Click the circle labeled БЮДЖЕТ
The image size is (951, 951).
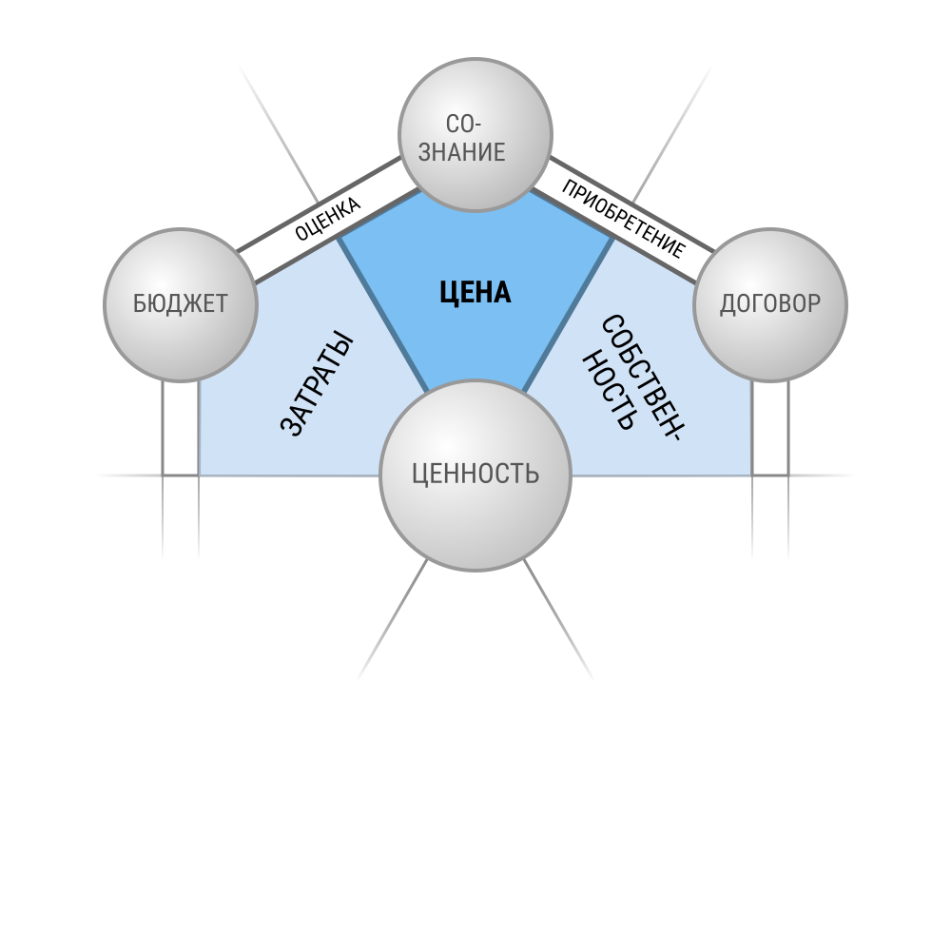(x=181, y=305)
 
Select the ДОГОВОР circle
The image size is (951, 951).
(x=770, y=305)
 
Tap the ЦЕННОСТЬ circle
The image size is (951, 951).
(x=475, y=475)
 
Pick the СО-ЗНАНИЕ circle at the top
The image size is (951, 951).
(x=475, y=135)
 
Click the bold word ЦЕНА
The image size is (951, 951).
(x=475, y=292)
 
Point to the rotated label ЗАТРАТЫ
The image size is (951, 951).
(x=317, y=383)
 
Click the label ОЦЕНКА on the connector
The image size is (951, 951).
(x=327, y=219)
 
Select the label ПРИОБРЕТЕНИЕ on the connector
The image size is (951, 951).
(x=624, y=219)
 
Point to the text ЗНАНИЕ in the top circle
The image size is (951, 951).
(x=461, y=151)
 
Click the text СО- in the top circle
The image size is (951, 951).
(x=463, y=124)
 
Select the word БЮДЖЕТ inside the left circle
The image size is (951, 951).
(x=180, y=303)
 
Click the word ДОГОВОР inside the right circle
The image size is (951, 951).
(x=770, y=303)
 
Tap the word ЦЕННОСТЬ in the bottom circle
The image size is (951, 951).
(x=475, y=473)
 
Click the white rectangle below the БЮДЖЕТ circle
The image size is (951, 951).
(x=181, y=428)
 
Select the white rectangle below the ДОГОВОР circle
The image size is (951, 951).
(x=770, y=428)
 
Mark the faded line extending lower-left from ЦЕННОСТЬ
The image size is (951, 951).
(x=393, y=620)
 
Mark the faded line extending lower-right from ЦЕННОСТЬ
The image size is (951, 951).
(x=558, y=620)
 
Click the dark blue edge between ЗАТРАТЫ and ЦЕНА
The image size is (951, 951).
(x=384, y=315)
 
